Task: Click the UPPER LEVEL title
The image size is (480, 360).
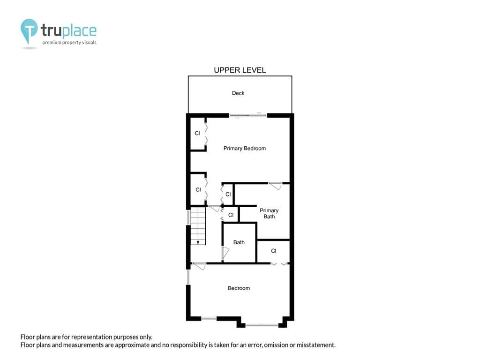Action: tap(240, 70)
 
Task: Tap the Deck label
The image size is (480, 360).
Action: tap(238, 93)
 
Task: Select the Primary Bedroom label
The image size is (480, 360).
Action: tap(244, 149)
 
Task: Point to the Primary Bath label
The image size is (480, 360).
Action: tap(269, 214)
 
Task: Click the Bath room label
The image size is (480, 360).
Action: tap(239, 242)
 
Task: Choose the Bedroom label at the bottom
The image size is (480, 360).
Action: tap(239, 288)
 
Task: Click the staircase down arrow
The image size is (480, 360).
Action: tap(198, 242)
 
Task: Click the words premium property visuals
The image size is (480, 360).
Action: tap(69, 43)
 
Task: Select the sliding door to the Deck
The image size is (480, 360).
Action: tap(248, 115)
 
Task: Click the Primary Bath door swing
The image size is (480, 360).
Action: tap(275, 186)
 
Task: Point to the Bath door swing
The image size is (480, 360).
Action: tap(225, 253)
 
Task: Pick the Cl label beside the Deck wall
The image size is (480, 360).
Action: tap(197, 134)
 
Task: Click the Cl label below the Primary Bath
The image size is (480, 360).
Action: tap(273, 251)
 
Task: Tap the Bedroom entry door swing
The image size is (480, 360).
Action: tap(200, 266)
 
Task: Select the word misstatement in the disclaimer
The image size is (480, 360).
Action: tap(317, 345)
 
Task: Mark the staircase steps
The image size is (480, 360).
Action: tap(198, 225)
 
